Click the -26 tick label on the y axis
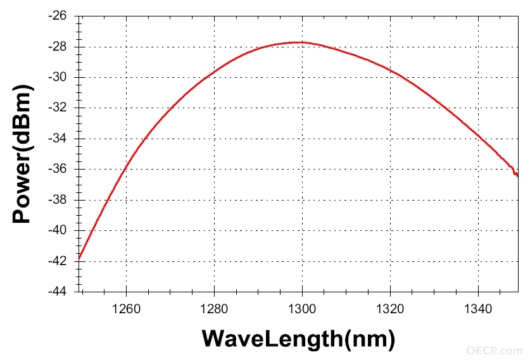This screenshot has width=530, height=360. (58, 16)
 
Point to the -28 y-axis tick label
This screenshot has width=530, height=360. (58, 47)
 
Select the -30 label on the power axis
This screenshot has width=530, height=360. (58, 77)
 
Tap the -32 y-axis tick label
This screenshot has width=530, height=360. (58, 108)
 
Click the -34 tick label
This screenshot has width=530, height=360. (58, 139)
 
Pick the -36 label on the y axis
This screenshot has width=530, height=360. (58, 169)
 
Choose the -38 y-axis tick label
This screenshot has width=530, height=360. (58, 199)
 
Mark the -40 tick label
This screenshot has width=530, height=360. (58, 230)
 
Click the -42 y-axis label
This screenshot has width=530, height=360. (58, 261)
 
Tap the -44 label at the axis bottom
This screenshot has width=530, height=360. (58, 292)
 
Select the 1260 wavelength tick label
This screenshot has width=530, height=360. (126, 309)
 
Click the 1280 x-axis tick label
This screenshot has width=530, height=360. (214, 309)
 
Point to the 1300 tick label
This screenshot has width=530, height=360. (302, 309)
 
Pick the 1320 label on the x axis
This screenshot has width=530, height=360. (391, 309)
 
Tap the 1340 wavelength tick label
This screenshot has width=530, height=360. (478, 309)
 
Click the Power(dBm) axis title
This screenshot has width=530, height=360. (22, 154)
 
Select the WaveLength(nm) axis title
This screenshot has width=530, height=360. (298, 338)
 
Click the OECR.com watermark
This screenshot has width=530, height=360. (494, 351)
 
